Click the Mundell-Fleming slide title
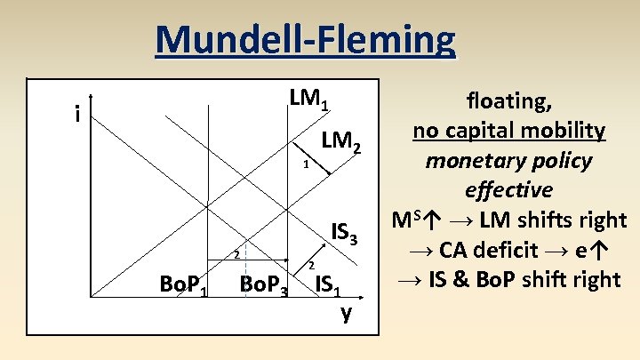click(x=305, y=39)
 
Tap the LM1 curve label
click(x=309, y=100)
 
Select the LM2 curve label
click(x=341, y=140)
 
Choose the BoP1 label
click(x=184, y=286)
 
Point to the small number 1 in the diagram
click(x=304, y=164)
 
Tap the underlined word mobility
click(x=568, y=132)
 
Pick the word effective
click(x=508, y=190)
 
